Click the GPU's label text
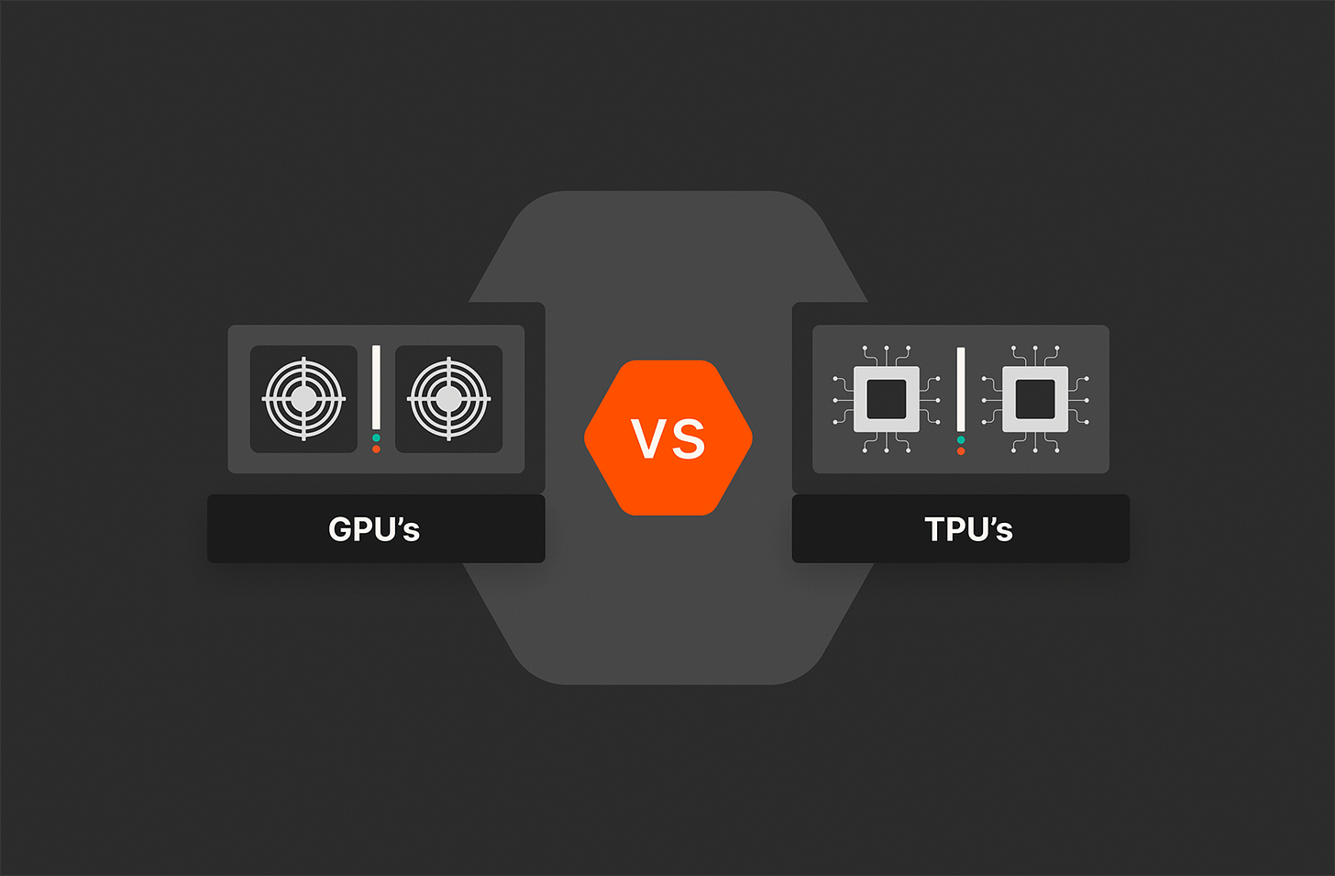click(374, 529)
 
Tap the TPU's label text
click(968, 529)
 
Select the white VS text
click(668, 438)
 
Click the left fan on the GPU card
click(303, 399)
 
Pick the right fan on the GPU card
click(448, 399)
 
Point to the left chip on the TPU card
click(887, 399)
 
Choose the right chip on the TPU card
click(1035, 399)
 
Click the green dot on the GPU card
click(376, 438)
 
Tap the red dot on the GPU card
click(376, 449)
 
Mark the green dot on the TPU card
click(961, 440)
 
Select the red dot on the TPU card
click(961, 451)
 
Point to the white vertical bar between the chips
click(961, 389)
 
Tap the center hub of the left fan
click(303, 399)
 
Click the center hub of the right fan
click(448, 399)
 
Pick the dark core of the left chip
click(887, 399)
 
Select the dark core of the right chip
click(1035, 399)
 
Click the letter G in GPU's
click(341, 529)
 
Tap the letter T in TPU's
click(935, 529)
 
